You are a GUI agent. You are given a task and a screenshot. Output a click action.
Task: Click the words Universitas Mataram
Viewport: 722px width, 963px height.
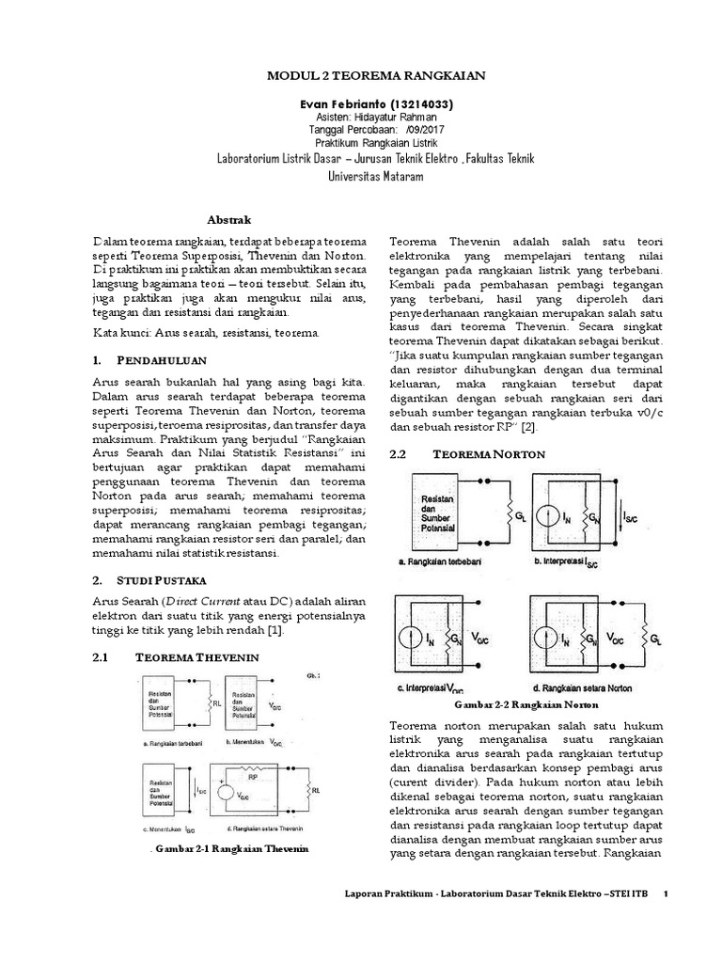click(x=361, y=175)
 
